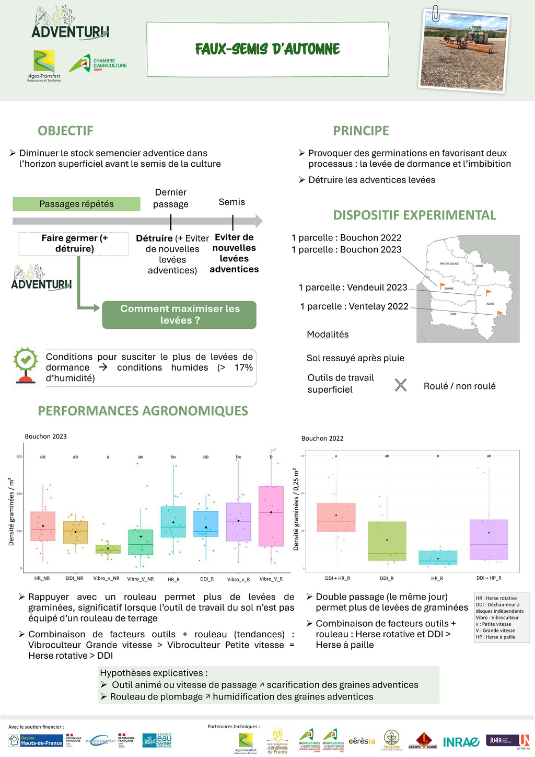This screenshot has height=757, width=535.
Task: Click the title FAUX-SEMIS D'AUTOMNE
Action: click(267, 49)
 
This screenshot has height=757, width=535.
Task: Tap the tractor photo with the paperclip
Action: click(464, 51)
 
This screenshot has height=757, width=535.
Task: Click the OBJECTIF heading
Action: click(65, 131)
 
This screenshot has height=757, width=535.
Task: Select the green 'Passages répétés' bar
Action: click(76, 204)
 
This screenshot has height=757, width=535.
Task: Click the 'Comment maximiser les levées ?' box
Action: click(179, 315)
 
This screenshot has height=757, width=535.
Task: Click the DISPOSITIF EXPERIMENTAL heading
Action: click(414, 215)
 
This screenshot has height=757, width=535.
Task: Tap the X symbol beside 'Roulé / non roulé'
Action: click(401, 386)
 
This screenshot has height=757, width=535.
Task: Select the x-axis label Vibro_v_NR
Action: click(107, 579)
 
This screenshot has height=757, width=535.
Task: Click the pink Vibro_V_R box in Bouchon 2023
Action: click(271, 517)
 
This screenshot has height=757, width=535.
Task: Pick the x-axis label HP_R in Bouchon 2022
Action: click(437, 578)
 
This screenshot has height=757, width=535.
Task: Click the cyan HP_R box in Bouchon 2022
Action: click(438, 558)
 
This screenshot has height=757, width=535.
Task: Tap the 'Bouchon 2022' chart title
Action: click(322, 439)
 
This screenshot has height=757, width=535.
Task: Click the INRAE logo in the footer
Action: click(461, 742)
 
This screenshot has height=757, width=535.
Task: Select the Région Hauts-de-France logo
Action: click(36, 741)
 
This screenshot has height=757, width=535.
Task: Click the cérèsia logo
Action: click(362, 741)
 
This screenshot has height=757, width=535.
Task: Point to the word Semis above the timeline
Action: click(231, 202)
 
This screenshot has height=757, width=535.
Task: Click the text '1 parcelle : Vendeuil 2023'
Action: click(353, 288)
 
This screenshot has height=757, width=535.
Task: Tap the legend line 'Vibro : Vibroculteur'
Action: click(497, 617)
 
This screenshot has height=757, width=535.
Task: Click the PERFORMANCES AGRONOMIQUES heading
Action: click(143, 411)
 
